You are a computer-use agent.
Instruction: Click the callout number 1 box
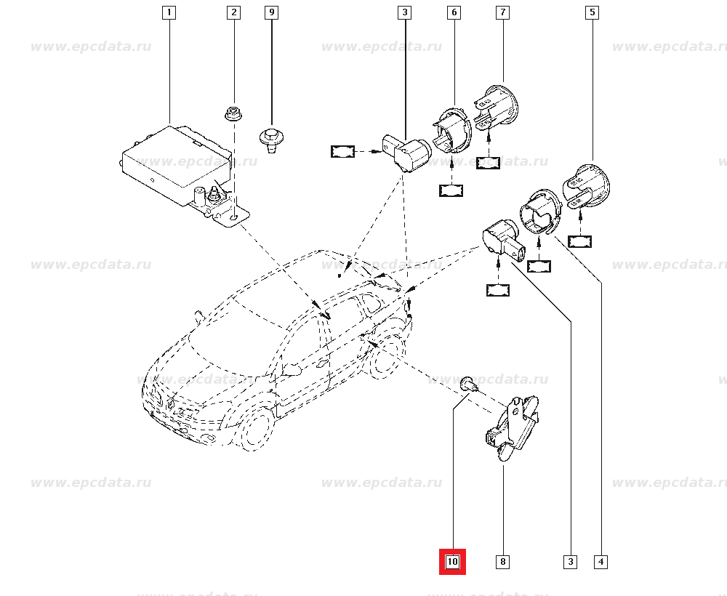click(x=169, y=12)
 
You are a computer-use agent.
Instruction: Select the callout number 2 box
click(x=233, y=12)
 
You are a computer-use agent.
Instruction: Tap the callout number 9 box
click(x=271, y=12)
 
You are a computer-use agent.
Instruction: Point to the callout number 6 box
click(x=454, y=12)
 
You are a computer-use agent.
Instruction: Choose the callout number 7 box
click(x=502, y=12)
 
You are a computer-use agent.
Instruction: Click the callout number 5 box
click(x=593, y=12)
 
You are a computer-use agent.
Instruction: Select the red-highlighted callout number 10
click(x=452, y=561)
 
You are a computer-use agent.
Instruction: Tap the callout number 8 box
click(x=502, y=561)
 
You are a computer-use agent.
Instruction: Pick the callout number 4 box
click(x=601, y=561)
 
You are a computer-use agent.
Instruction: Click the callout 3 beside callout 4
click(x=570, y=561)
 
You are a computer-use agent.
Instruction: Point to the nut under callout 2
click(x=233, y=113)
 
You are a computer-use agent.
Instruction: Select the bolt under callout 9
click(x=271, y=138)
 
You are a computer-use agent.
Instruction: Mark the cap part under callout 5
click(x=587, y=185)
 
